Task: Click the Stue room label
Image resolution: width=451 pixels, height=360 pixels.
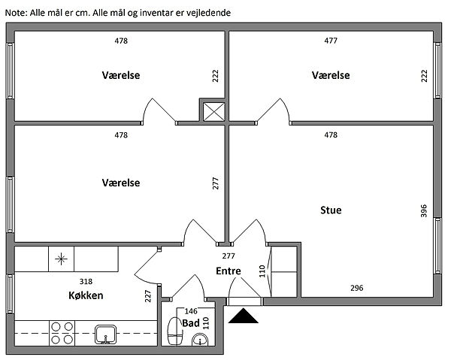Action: [331, 210]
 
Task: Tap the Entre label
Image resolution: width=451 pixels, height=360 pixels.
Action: [229, 271]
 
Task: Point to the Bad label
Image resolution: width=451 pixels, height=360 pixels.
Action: [191, 323]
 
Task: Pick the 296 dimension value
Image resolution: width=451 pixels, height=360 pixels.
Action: [356, 287]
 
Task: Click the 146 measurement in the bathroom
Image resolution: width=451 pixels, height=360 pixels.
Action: [191, 311]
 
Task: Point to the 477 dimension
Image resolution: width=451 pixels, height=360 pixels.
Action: [331, 41]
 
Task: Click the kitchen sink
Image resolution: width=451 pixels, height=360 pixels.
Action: [105, 333]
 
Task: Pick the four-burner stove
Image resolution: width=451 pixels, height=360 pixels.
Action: [61, 332]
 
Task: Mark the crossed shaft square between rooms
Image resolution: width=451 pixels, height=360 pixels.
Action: [213, 111]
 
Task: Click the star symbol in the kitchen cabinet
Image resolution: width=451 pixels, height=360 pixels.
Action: [60, 261]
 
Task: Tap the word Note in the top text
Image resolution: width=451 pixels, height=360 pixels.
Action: [15, 14]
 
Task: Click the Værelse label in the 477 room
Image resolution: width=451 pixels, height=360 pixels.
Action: [331, 75]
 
